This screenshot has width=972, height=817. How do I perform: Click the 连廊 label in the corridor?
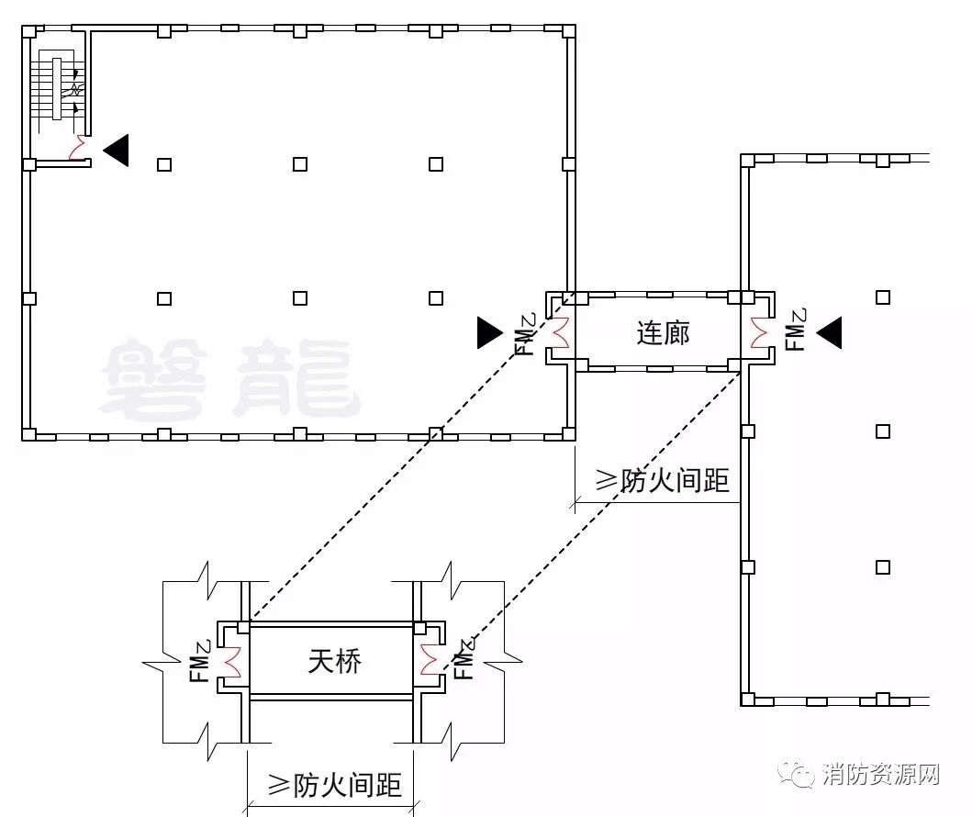663,332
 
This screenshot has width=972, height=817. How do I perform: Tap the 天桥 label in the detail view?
335,661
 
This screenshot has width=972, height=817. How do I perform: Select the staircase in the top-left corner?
57,88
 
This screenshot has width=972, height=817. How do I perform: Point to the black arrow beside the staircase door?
117,150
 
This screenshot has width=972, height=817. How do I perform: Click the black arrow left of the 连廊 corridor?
489,332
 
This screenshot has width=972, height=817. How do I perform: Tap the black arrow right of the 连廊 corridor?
829,332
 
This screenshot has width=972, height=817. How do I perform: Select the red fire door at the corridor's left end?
559,332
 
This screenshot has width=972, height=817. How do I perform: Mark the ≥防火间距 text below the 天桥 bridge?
334,785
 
